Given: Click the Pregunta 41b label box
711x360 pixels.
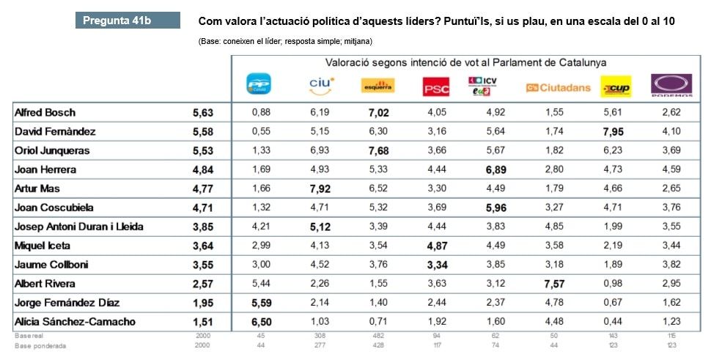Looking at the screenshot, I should [x=128, y=20].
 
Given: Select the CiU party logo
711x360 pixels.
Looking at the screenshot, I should [x=320, y=87].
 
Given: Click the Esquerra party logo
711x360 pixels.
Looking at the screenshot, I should [x=378, y=87].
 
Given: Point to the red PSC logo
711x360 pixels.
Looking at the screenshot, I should [x=436, y=88].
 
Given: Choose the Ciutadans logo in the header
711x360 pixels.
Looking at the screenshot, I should [x=558, y=88].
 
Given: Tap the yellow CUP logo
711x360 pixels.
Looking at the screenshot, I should [x=616, y=87].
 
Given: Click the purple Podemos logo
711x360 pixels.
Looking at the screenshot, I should [x=672, y=86].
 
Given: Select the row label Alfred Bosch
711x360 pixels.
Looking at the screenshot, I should [x=45, y=113].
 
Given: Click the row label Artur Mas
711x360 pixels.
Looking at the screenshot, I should [x=38, y=188].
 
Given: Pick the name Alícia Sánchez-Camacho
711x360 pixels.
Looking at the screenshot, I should [x=75, y=321].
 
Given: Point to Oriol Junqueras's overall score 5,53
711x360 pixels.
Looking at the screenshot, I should [x=202, y=150].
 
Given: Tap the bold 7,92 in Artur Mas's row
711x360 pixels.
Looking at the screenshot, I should [x=321, y=188].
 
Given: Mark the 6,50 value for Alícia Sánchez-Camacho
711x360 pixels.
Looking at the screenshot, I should [x=261, y=321].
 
